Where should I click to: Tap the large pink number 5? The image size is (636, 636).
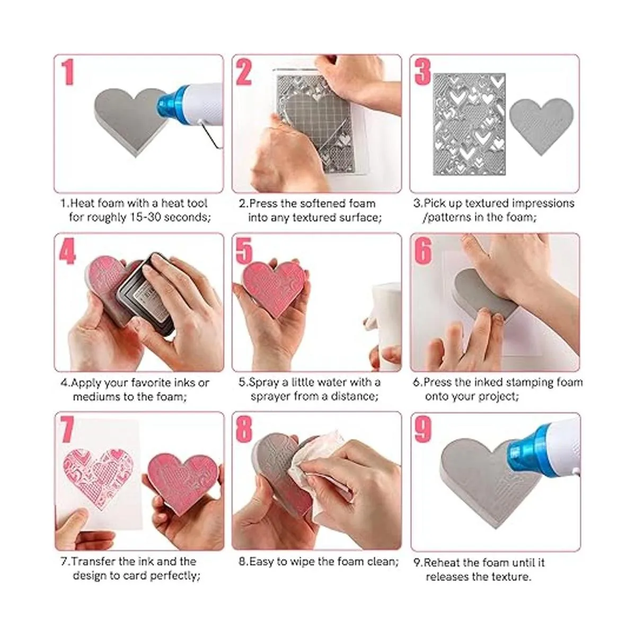click(244, 251)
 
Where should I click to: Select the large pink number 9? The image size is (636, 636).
click(423, 429)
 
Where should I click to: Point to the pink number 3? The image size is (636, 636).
click(423, 72)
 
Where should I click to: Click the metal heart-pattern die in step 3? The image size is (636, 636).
click(469, 124)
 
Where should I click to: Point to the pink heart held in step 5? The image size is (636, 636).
click(275, 287)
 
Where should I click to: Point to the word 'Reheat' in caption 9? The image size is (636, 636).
click(441, 562)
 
